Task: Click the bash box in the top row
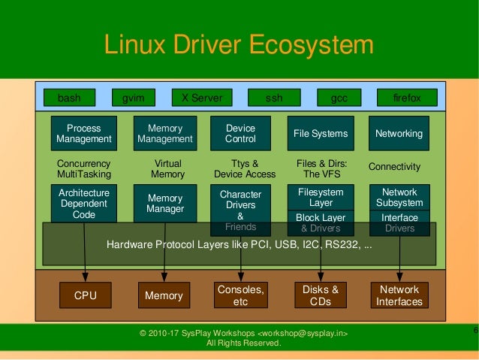click(69, 98)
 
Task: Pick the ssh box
click(275, 98)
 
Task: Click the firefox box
click(407, 98)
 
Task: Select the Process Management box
click(84, 134)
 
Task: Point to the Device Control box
click(240, 134)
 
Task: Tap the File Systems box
click(321, 134)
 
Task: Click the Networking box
click(399, 134)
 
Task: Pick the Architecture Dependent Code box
click(84, 203)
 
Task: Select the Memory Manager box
click(165, 204)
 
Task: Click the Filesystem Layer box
click(321, 198)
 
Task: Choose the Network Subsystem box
click(399, 198)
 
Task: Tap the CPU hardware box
click(86, 295)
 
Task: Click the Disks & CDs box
click(321, 295)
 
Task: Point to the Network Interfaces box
click(399, 295)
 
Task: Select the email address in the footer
click(303, 333)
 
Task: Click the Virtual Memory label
click(167, 168)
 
